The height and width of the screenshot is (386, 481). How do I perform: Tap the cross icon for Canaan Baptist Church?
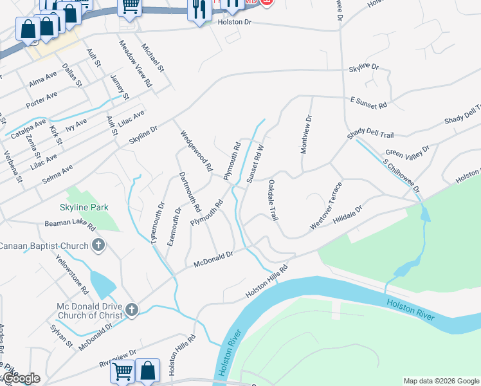pyautogui.click(x=98, y=245)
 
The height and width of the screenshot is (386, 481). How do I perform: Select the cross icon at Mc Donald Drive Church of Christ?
pyautogui.click(x=131, y=310)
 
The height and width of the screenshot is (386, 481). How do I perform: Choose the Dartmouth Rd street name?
pyautogui.click(x=190, y=192)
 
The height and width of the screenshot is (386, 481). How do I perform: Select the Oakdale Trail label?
pyautogui.click(x=273, y=200)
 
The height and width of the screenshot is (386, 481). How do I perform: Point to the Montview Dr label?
pyautogui.click(x=306, y=134)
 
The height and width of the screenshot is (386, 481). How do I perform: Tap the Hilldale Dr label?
pyautogui.click(x=348, y=214)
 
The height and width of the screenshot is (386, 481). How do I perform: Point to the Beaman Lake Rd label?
pyautogui.click(x=70, y=225)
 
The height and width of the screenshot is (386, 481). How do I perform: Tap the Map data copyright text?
pyautogui.click(x=441, y=381)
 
